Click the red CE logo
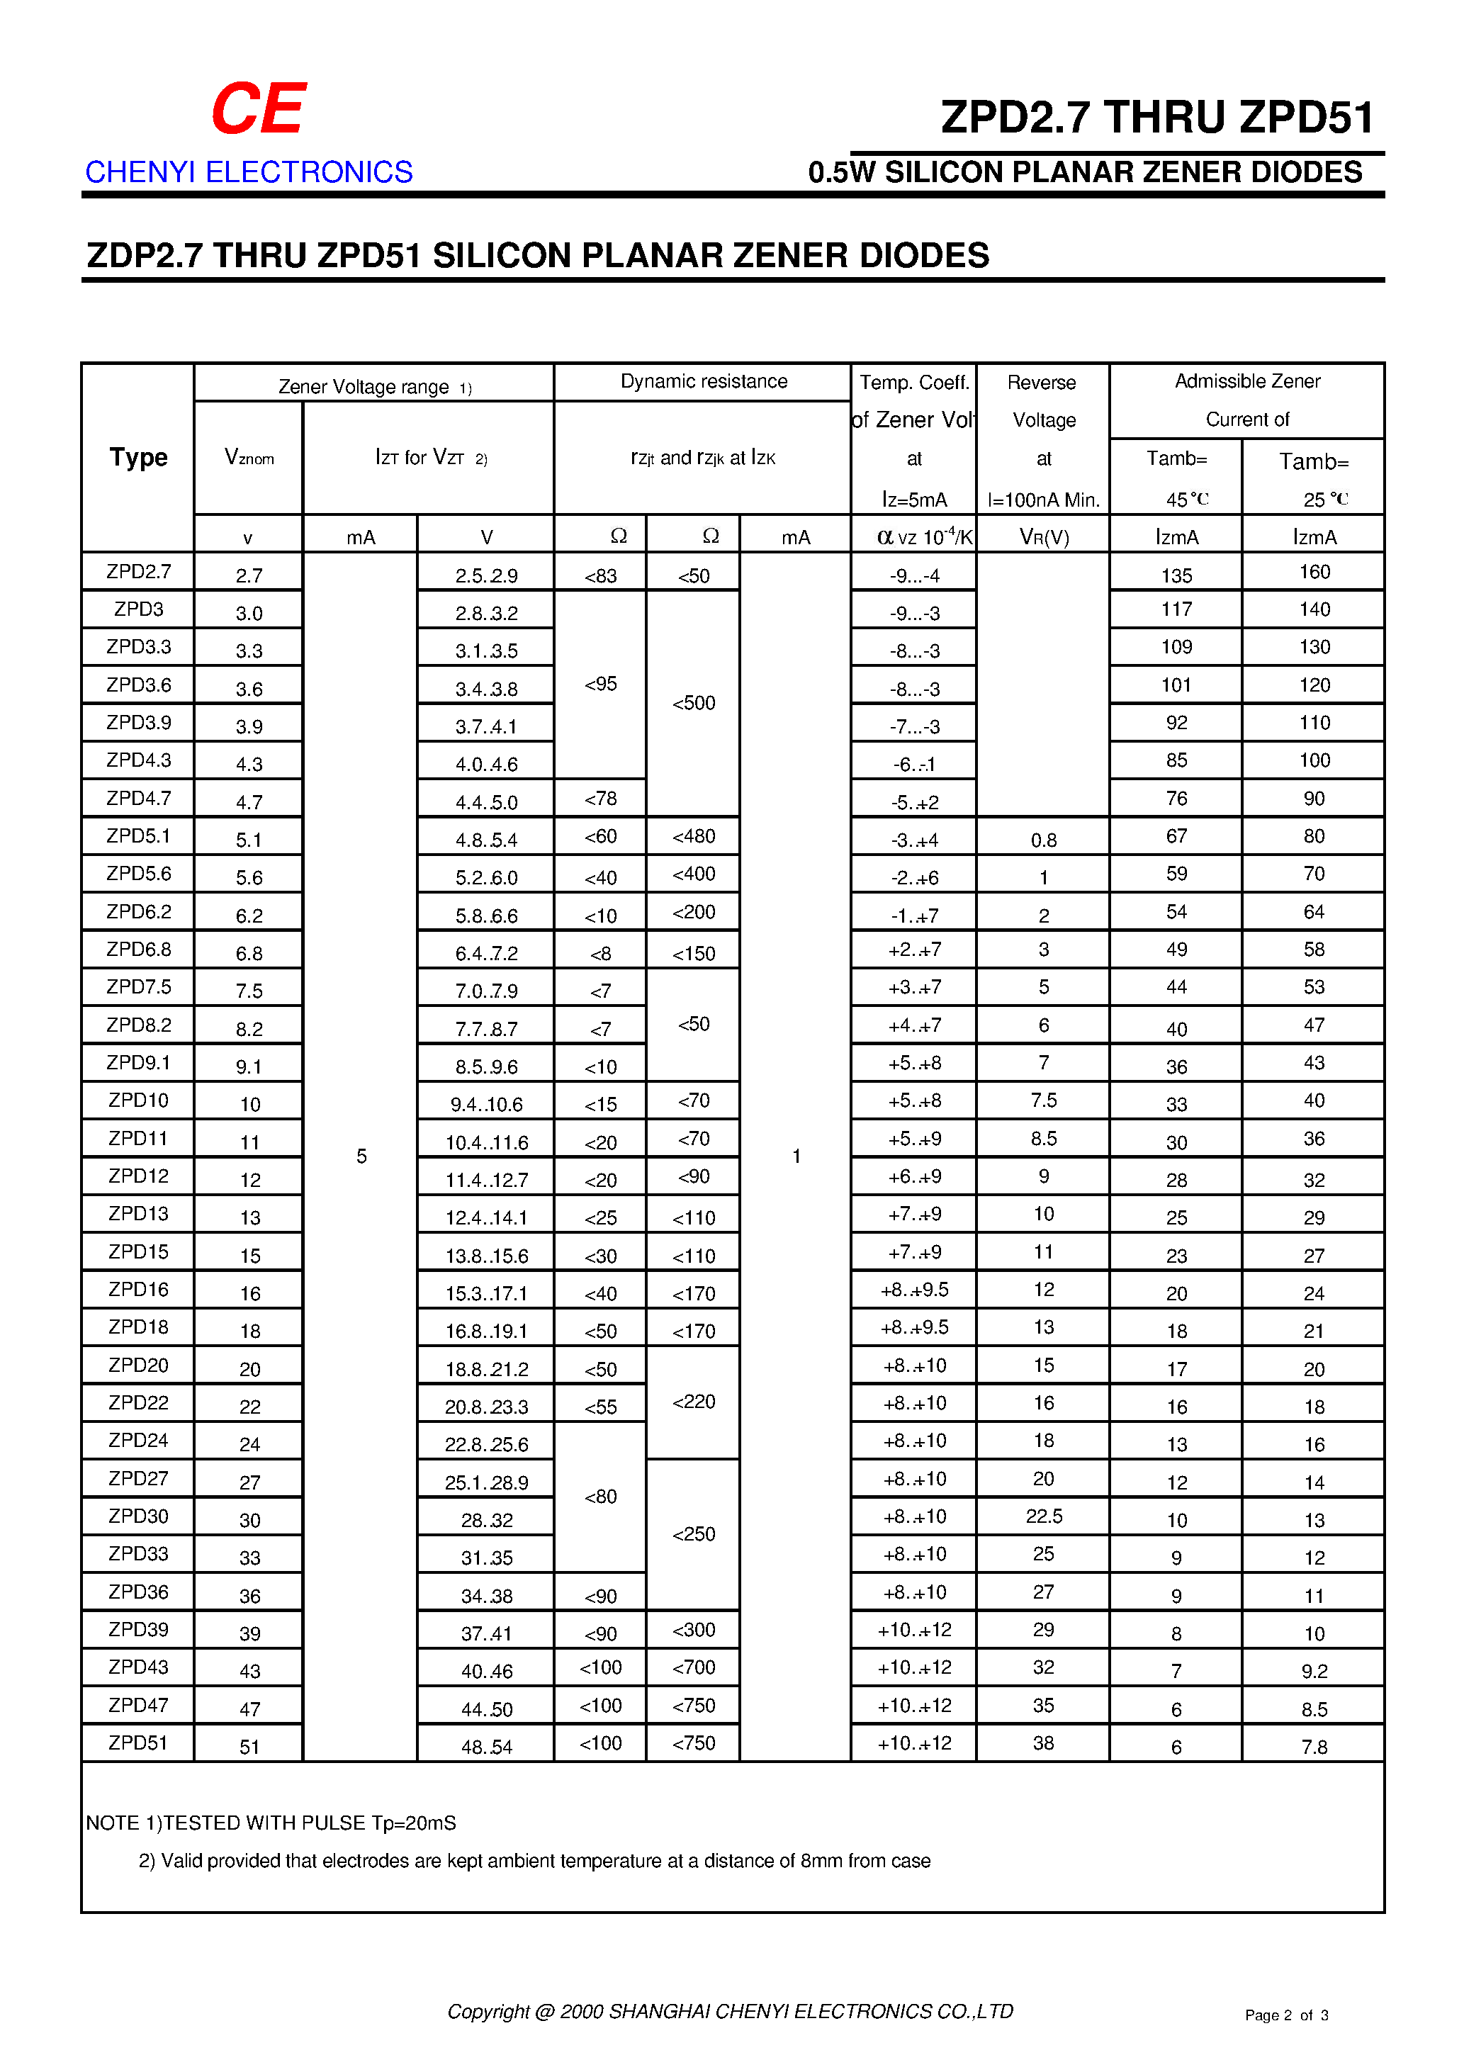coord(258,108)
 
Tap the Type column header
coord(138,458)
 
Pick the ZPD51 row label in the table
coord(138,1742)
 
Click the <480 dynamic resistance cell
coord(693,837)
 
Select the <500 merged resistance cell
coord(693,703)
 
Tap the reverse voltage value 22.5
coord(1043,1516)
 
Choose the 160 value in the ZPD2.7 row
coord(1314,572)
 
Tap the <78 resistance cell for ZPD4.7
coord(600,799)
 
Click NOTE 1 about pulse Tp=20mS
coord(271,1823)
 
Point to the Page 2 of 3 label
coord(1286,2015)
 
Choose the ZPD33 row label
coord(138,1554)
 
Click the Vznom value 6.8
coord(249,953)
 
